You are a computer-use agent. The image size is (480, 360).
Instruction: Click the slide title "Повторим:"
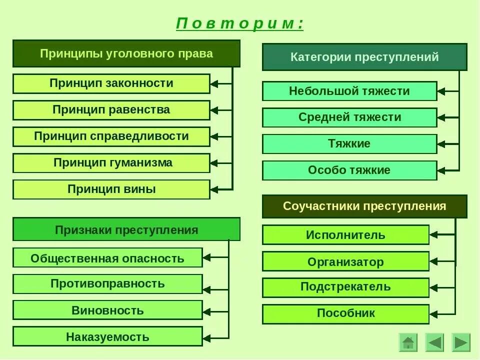tap(240, 24)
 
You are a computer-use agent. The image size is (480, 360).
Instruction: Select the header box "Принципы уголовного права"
tap(126, 53)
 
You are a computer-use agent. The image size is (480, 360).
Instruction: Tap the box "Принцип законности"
tap(111, 83)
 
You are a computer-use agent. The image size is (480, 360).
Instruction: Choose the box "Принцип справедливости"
tap(111, 136)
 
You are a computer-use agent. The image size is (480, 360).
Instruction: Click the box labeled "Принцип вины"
tap(111, 189)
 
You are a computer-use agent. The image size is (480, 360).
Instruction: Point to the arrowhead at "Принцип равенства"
tap(214, 110)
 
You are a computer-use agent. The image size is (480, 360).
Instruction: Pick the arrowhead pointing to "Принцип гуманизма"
tap(214, 163)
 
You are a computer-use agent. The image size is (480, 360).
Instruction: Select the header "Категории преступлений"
tap(364, 57)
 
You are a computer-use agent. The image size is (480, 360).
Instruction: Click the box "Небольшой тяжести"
tap(349, 91)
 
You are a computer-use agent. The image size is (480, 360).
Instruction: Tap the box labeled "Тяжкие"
tap(349, 144)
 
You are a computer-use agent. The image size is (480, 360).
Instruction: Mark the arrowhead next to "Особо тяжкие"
tap(441, 170)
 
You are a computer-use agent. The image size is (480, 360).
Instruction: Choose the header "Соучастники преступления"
tap(364, 206)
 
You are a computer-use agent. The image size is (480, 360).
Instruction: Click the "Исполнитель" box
tap(345, 234)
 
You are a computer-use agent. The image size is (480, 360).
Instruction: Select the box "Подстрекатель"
tap(345, 287)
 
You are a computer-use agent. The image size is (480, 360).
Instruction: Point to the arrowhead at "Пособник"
tap(434, 314)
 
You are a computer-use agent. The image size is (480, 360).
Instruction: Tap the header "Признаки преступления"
tap(126, 229)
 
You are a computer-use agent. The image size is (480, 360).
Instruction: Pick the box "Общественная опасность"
tap(107, 258)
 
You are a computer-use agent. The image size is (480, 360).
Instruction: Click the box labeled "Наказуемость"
tap(107, 336)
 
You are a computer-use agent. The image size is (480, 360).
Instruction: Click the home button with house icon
tap(408, 342)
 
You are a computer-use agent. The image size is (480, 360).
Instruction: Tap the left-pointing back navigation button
tap(434, 342)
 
